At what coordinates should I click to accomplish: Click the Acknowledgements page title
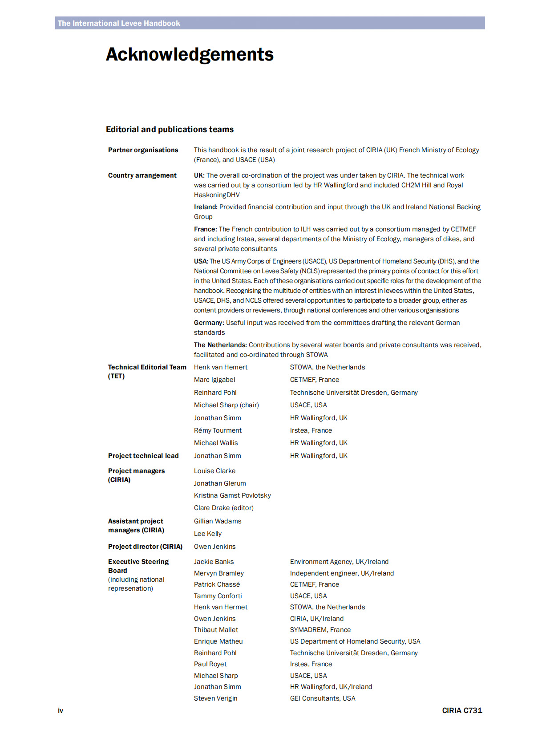click(x=190, y=55)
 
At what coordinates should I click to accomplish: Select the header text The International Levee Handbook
click(x=119, y=23)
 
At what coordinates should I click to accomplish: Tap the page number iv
click(x=61, y=710)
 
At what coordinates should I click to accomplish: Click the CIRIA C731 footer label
click(x=462, y=710)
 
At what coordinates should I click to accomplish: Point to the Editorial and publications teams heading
click(x=170, y=130)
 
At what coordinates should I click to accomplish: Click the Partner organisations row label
click(x=143, y=150)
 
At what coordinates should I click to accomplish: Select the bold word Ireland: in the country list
click(x=206, y=207)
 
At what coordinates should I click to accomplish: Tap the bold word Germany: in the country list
click(x=209, y=323)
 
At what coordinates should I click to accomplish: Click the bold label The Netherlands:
click(x=220, y=345)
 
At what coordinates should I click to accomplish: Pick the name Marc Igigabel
click(x=214, y=380)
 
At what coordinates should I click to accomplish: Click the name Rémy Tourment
click(x=218, y=430)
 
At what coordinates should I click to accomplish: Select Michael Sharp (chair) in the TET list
click(x=226, y=405)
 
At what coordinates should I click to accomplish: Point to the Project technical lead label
click(x=143, y=456)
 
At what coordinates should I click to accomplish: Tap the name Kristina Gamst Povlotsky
click(x=232, y=495)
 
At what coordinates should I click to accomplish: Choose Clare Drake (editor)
click(x=223, y=508)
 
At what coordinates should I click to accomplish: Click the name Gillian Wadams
click(x=218, y=521)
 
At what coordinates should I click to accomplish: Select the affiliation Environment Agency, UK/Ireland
click(x=339, y=562)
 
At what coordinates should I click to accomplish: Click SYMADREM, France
click(x=320, y=630)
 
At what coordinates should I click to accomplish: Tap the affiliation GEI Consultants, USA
click(x=323, y=698)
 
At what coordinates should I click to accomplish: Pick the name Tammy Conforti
click(x=218, y=596)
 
